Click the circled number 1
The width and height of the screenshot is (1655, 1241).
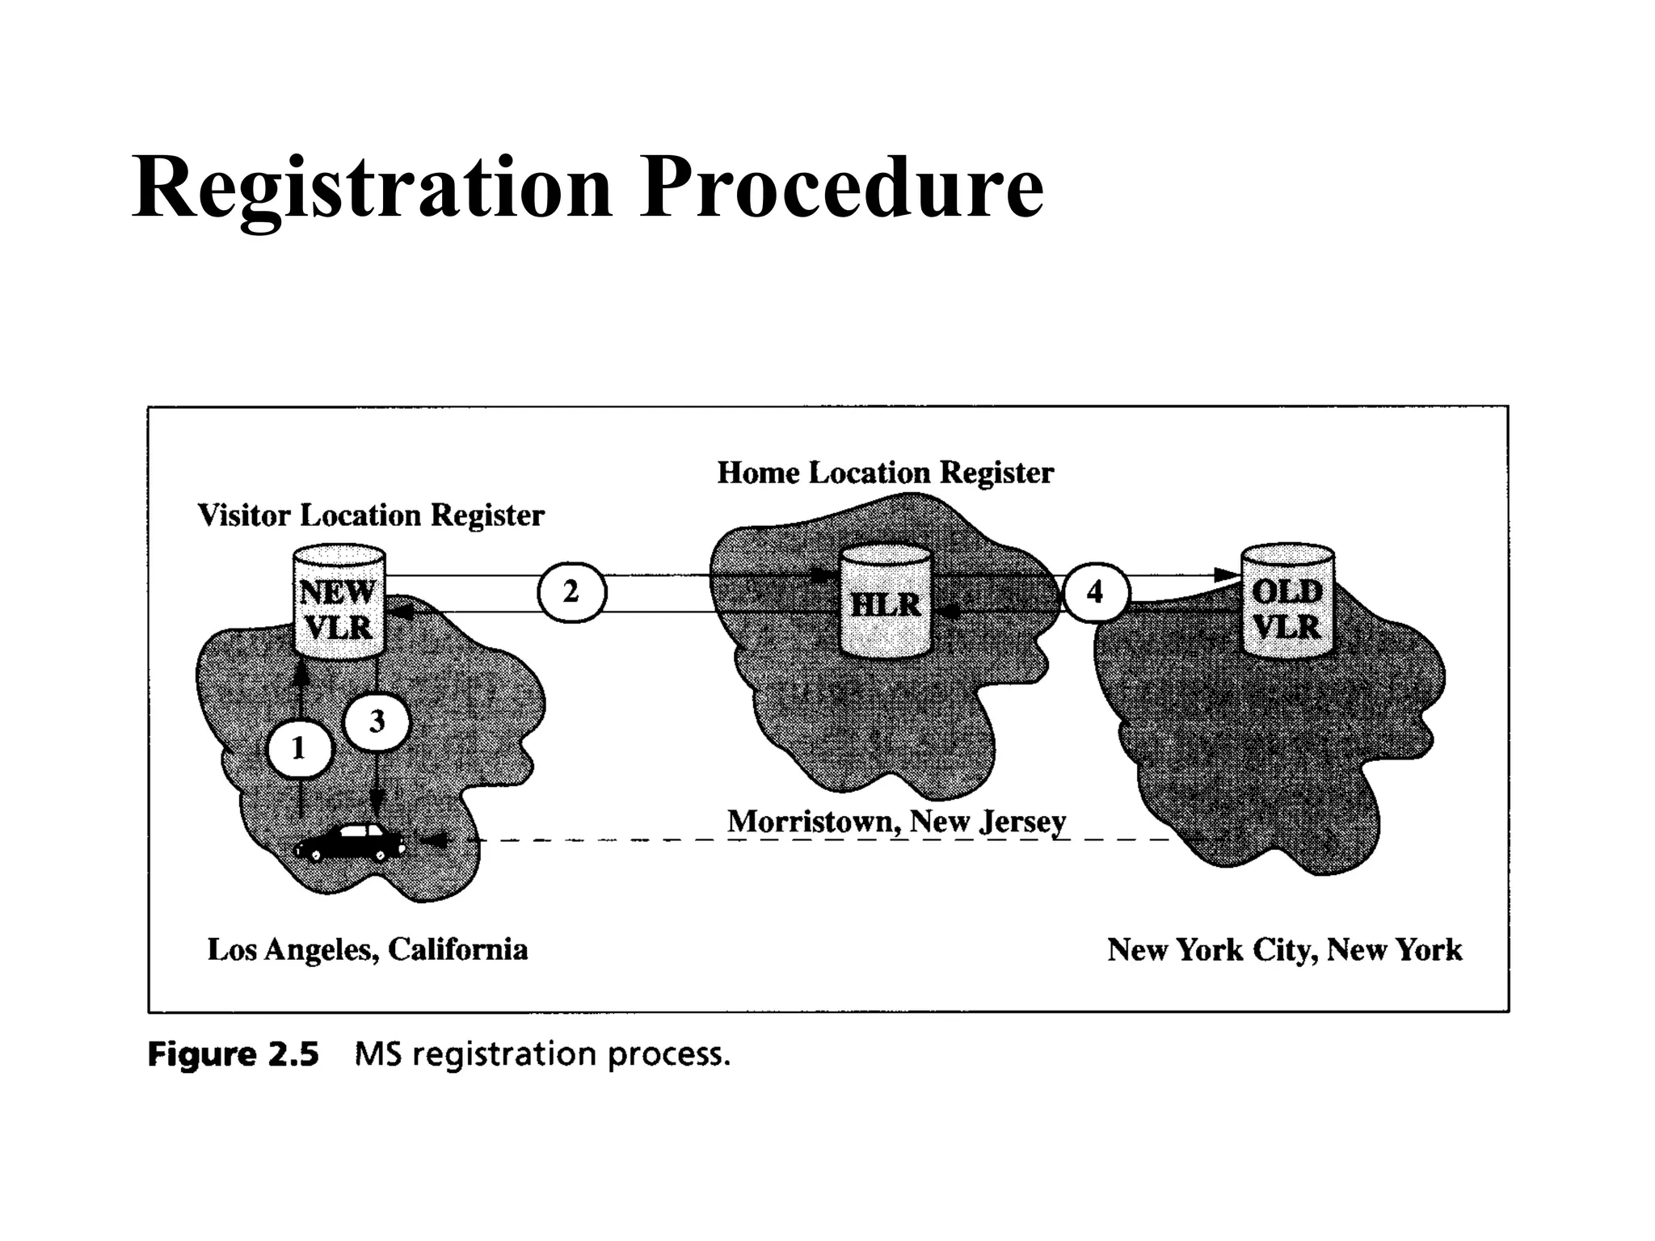[299, 749]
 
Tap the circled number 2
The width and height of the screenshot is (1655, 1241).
[571, 592]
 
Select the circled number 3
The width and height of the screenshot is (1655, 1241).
[377, 721]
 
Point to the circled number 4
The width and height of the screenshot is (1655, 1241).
[1095, 592]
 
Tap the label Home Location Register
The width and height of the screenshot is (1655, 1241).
[885, 473]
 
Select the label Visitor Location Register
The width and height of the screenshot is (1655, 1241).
[371, 515]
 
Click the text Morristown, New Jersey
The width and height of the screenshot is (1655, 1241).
[896, 822]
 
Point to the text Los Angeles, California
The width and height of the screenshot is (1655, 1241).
[368, 949]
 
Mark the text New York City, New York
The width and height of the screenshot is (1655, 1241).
[1284, 949]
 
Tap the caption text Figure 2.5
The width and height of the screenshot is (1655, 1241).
[234, 1055]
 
